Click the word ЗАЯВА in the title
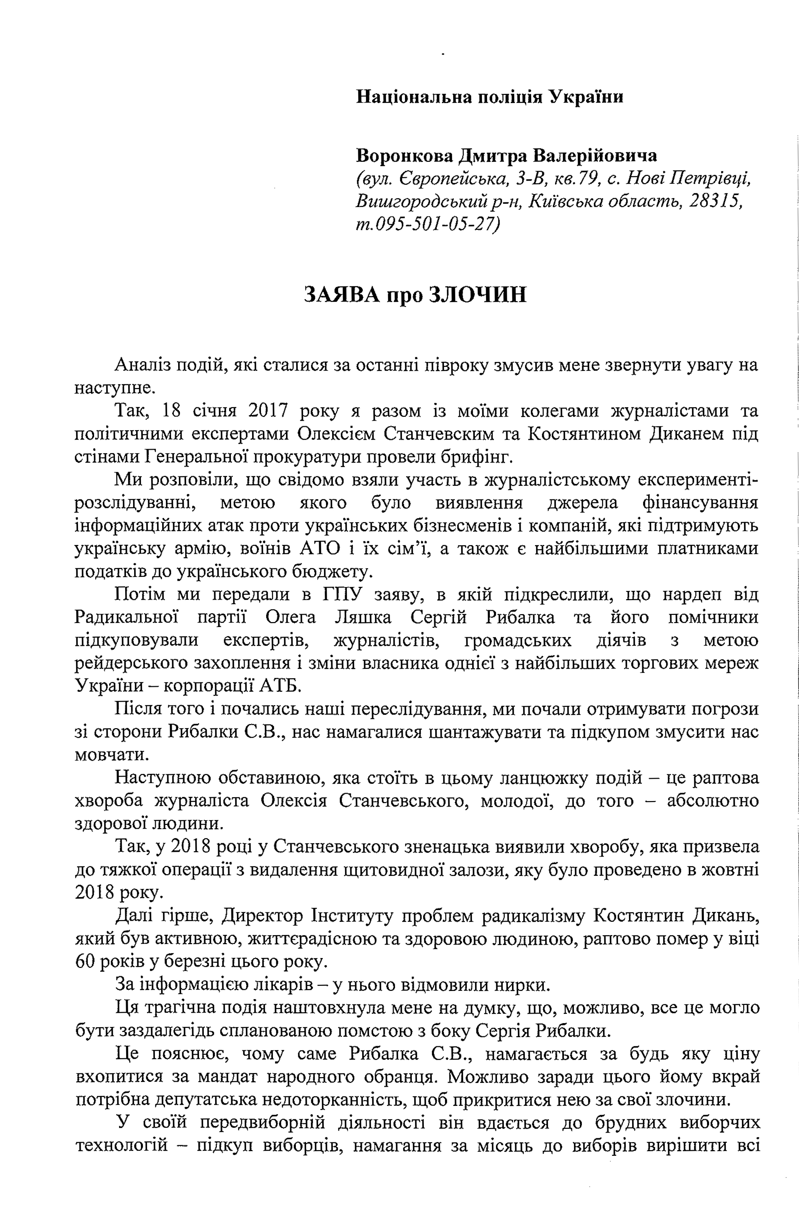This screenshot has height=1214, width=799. [x=342, y=295]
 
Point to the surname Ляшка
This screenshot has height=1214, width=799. [x=363, y=618]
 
